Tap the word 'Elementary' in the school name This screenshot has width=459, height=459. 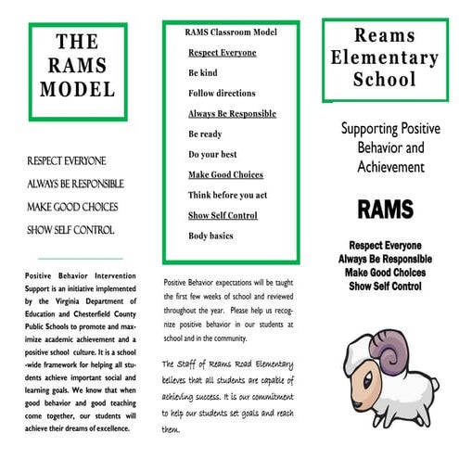pos(382,58)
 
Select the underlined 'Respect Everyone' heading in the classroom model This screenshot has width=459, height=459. pos(222,53)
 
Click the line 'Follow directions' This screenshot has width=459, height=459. pos(222,94)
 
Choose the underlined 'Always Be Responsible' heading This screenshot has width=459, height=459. pos(232,113)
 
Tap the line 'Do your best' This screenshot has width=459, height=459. pos(213,154)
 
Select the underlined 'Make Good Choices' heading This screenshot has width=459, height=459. pos(225,174)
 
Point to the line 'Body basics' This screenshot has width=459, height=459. pos(210,236)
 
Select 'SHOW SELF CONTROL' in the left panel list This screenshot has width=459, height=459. pos(71,229)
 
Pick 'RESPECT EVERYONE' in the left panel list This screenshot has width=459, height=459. pos(67,160)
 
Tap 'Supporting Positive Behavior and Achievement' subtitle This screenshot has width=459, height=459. pos(390,147)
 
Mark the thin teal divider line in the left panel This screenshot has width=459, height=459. pos(80,258)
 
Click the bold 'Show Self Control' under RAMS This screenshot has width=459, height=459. pos(385,287)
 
